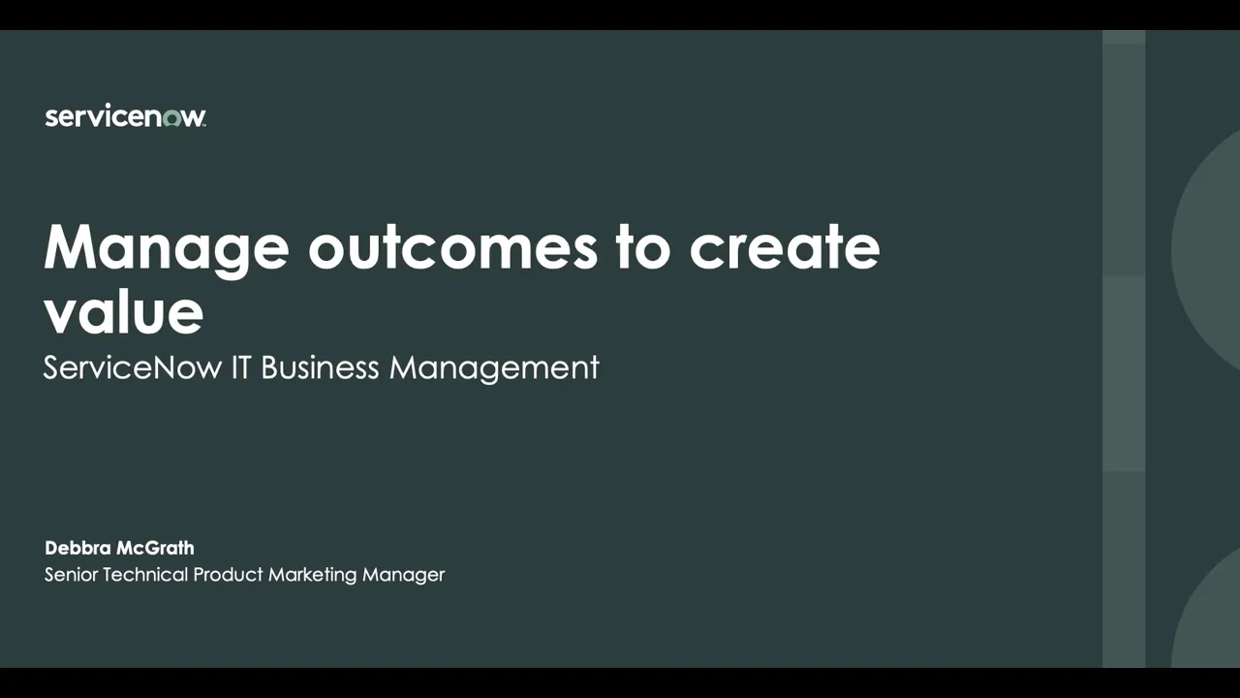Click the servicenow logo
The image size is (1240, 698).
(x=125, y=117)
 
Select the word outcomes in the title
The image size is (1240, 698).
(x=452, y=248)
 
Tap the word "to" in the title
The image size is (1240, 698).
(x=642, y=248)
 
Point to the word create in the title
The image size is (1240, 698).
(x=785, y=248)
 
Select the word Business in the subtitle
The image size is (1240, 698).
(x=320, y=367)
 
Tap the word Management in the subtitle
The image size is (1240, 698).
(x=494, y=367)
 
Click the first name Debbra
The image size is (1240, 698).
(x=78, y=548)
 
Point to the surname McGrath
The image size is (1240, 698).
(x=156, y=548)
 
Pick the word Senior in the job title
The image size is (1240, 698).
(x=71, y=575)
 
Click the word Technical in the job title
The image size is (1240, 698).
(x=145, y=575)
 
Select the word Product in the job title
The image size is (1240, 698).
(x=229, y=575)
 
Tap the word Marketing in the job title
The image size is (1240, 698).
(x=313, y=575)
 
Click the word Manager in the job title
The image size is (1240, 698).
(x=403, y=575)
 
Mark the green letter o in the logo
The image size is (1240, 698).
(x=171, y=118)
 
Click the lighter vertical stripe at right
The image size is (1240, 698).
(x=1124, y=349)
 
